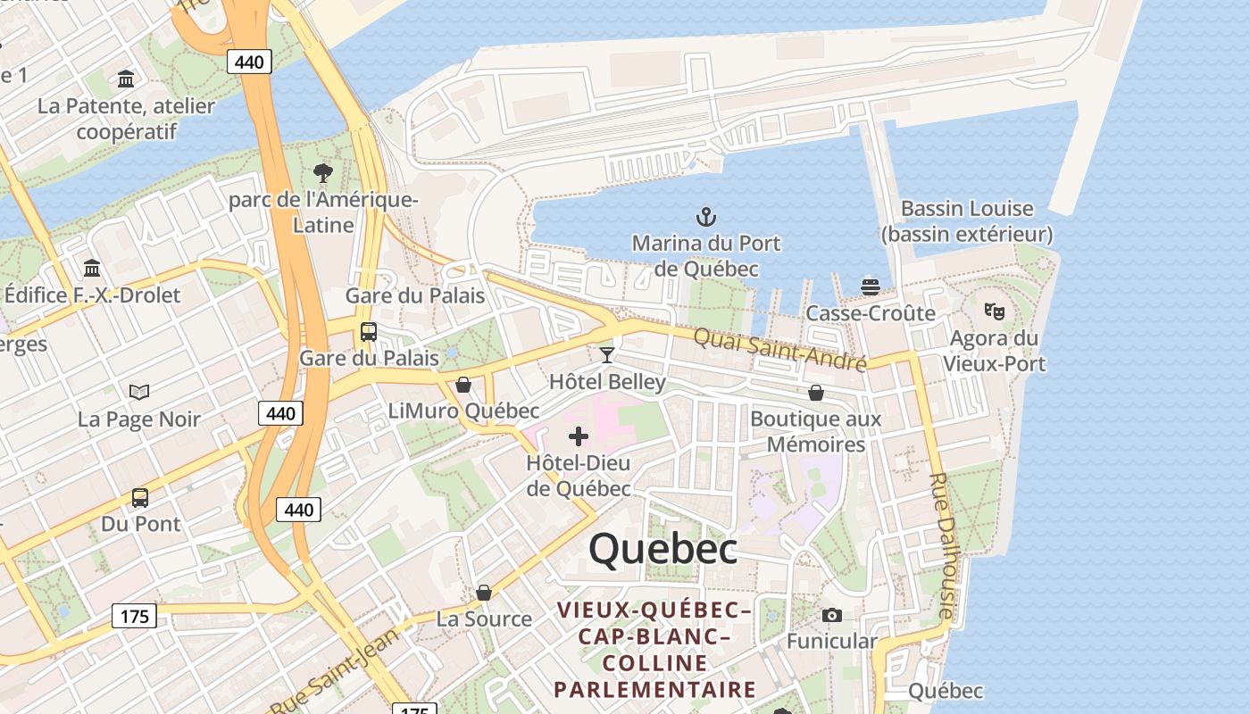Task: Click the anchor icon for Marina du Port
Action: pos(706,216)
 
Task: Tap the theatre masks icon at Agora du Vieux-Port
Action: pos(995,311)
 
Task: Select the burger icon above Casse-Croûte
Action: pos(871,286)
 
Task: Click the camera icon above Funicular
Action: pos(831,615)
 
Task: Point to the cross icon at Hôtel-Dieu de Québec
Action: pos(579,436)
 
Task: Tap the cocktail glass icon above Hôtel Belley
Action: pos(607,355)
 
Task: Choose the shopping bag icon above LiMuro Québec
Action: pos(463,385)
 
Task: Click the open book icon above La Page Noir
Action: pos(138,392)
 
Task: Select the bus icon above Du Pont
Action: pos(140,497)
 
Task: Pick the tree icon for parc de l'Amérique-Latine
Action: pos(323,172)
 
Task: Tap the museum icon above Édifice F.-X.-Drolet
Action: pos(92,268)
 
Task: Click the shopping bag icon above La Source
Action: pos(484,593)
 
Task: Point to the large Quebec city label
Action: pos(662,548)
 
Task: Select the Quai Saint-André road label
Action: pos(779,349)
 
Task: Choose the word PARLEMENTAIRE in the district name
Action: pos(654,689)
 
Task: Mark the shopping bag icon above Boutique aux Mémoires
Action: pos(816,393)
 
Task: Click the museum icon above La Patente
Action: pos(126,79)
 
